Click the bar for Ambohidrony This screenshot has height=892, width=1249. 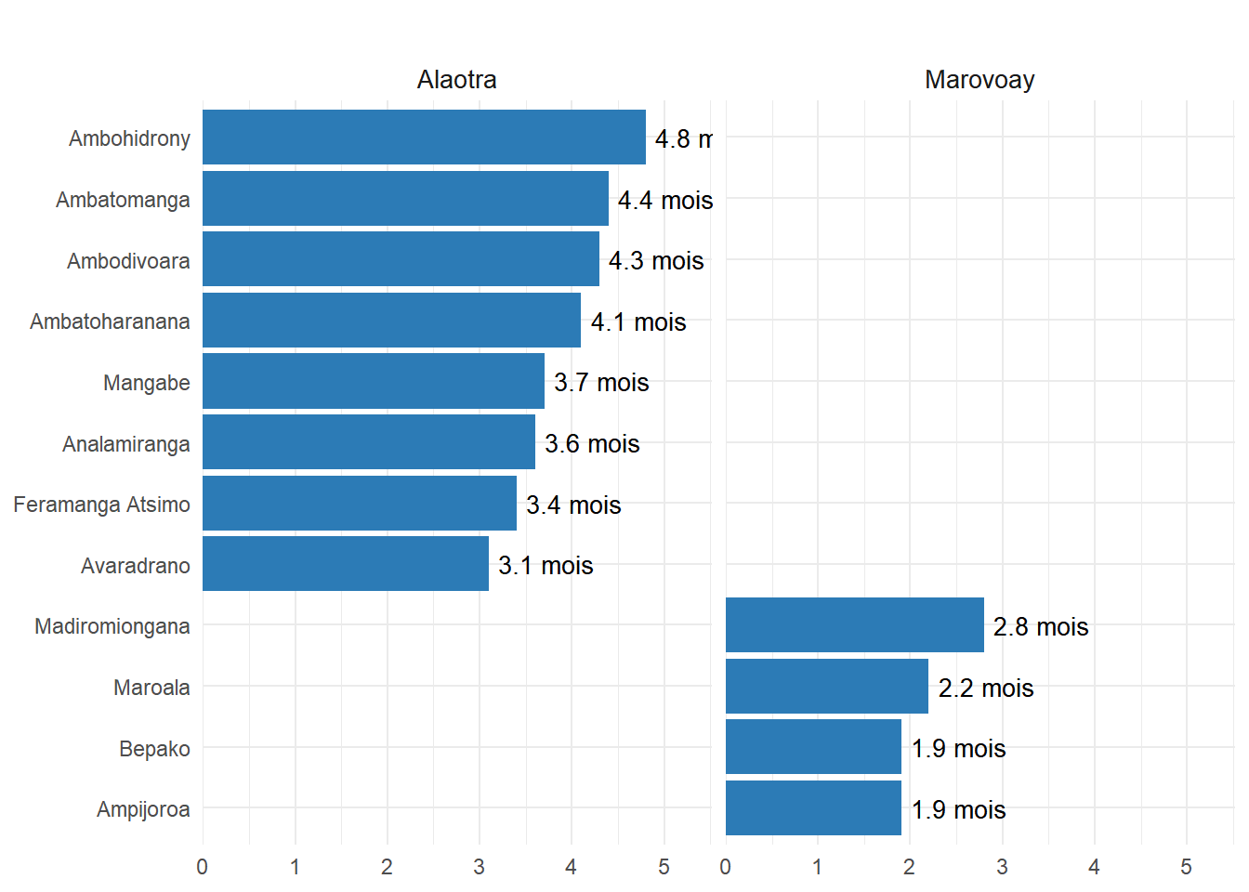(424, 138)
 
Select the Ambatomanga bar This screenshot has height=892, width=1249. (405, 199)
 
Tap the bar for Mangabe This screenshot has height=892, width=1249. (373, 381)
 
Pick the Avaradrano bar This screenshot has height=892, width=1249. (345, 564)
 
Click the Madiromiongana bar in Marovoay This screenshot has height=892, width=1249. (854, 625)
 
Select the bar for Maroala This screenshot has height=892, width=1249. (826, 687)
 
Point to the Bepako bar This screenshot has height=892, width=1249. (813, 747)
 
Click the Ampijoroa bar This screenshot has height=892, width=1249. (813, 808)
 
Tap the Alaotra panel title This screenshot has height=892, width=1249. (456, 80)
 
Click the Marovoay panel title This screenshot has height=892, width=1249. (979, 80)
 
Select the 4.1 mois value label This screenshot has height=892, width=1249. (638, 322)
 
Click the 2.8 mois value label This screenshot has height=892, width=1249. (1041, 627)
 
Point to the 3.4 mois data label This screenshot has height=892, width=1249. (573, 505)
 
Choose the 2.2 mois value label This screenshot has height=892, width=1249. (986, 689)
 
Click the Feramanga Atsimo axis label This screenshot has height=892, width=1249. (102, 505)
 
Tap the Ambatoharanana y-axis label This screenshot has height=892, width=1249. (110, 321)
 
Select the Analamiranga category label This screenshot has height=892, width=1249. (126, 444)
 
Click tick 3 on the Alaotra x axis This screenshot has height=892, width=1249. (479, 867)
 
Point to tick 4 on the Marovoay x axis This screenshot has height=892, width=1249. (1094, 867)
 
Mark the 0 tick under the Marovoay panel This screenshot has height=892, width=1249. (725, 867)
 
